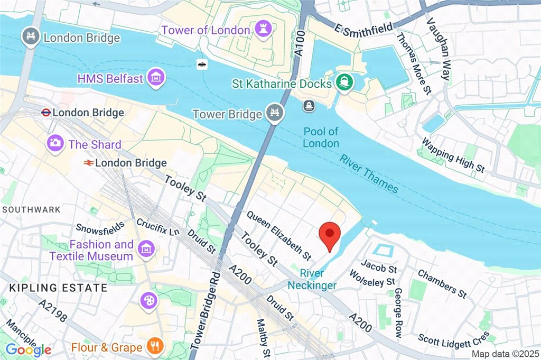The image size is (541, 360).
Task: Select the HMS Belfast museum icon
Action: (x=156, y=78)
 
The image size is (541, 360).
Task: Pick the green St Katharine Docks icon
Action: (x=344, y=83)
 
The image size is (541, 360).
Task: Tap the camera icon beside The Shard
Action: (x=54, y=143)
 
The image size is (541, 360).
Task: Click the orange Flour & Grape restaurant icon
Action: (x=155, y=347)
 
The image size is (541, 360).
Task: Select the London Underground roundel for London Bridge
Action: (x=45, y=112)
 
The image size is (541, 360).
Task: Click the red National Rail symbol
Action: (x=88, y=163)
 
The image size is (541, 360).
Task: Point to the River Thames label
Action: (x=368, y=173)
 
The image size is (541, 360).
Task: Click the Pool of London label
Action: (x=321, y=137)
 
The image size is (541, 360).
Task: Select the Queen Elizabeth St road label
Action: (x=278, y=235)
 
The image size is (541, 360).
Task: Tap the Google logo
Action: (x=29, y=349)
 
